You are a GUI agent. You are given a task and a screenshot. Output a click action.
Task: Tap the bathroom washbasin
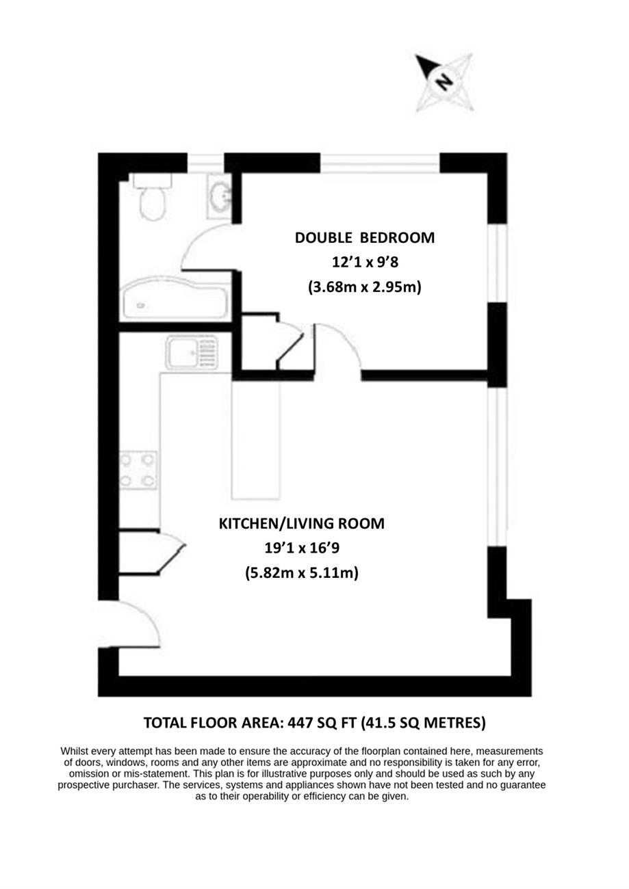219,196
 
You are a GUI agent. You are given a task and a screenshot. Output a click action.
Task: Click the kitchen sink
192,352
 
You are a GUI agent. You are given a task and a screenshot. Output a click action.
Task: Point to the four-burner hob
138,470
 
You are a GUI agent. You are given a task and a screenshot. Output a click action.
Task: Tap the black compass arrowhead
425,66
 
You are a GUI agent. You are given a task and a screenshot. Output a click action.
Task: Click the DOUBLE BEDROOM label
365,238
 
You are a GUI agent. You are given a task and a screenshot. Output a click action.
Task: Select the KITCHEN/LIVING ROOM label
302,524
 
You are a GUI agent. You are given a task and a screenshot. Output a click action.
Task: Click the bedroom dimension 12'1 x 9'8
365,262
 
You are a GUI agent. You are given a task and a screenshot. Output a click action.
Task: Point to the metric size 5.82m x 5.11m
302,573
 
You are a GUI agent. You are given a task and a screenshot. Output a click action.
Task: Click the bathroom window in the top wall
206,163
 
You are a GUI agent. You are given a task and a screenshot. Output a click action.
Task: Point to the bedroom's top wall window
380,163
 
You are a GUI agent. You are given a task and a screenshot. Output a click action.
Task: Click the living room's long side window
498,466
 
